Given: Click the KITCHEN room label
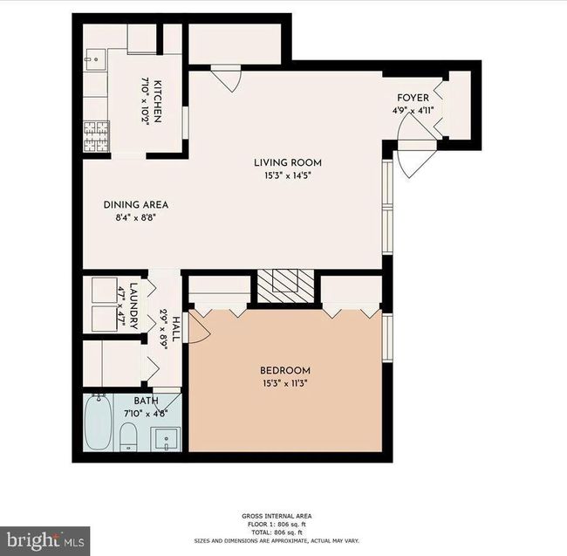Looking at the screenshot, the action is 158,101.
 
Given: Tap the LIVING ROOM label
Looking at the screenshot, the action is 288,162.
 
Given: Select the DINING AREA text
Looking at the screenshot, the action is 136,205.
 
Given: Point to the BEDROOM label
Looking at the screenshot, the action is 285,370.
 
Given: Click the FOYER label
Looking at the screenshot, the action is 413,98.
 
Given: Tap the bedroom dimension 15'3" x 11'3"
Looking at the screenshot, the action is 285,383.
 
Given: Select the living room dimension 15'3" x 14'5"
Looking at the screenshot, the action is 288,175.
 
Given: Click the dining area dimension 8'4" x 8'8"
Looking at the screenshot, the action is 135,217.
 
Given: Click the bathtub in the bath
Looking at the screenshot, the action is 98,422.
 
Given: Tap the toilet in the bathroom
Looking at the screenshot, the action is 127,437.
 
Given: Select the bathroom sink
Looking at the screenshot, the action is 167,439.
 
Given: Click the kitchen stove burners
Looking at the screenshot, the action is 97,137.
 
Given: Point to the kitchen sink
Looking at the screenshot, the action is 95,60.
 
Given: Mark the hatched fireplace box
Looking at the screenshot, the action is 285,285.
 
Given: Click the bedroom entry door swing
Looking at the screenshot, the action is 199,327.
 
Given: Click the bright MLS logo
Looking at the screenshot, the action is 44,541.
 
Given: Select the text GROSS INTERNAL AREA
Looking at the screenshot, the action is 277,516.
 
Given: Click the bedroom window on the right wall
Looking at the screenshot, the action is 387,338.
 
